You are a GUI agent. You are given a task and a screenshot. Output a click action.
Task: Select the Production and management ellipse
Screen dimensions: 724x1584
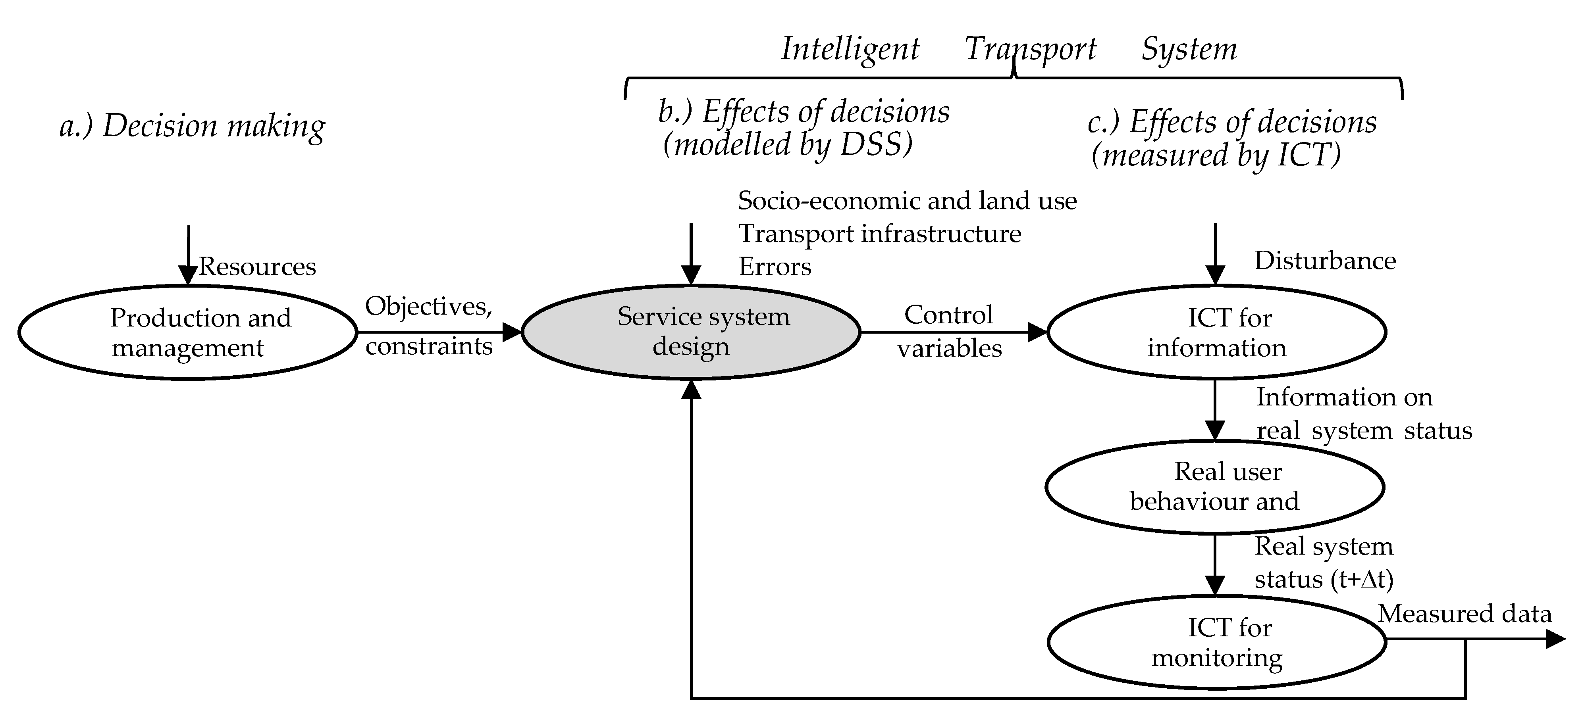click(187, 332)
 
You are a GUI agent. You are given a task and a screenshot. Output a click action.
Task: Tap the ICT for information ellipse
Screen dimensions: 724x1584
click(1216, 332)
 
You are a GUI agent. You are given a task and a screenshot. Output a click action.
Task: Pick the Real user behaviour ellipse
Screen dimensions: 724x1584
click(1214, 487)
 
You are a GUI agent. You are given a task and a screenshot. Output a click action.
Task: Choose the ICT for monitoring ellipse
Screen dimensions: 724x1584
click(1216, 642)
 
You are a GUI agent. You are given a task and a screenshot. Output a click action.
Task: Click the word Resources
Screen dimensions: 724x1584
click(257, 267)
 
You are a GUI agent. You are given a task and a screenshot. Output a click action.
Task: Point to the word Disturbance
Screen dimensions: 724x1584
click(1324, 261)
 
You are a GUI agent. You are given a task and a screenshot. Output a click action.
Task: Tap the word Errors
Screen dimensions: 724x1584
click(775, 267)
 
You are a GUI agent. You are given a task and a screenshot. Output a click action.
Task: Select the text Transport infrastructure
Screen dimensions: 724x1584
click(879, 234)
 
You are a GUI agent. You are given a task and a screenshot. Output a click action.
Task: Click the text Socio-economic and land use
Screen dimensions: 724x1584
click(907, 200)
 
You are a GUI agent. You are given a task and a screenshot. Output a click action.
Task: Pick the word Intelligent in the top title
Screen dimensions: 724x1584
click(850, 49)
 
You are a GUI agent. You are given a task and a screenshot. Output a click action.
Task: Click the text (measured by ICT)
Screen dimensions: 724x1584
click(1216, 155)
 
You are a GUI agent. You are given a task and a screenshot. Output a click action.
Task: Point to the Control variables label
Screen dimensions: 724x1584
click(949, 332)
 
